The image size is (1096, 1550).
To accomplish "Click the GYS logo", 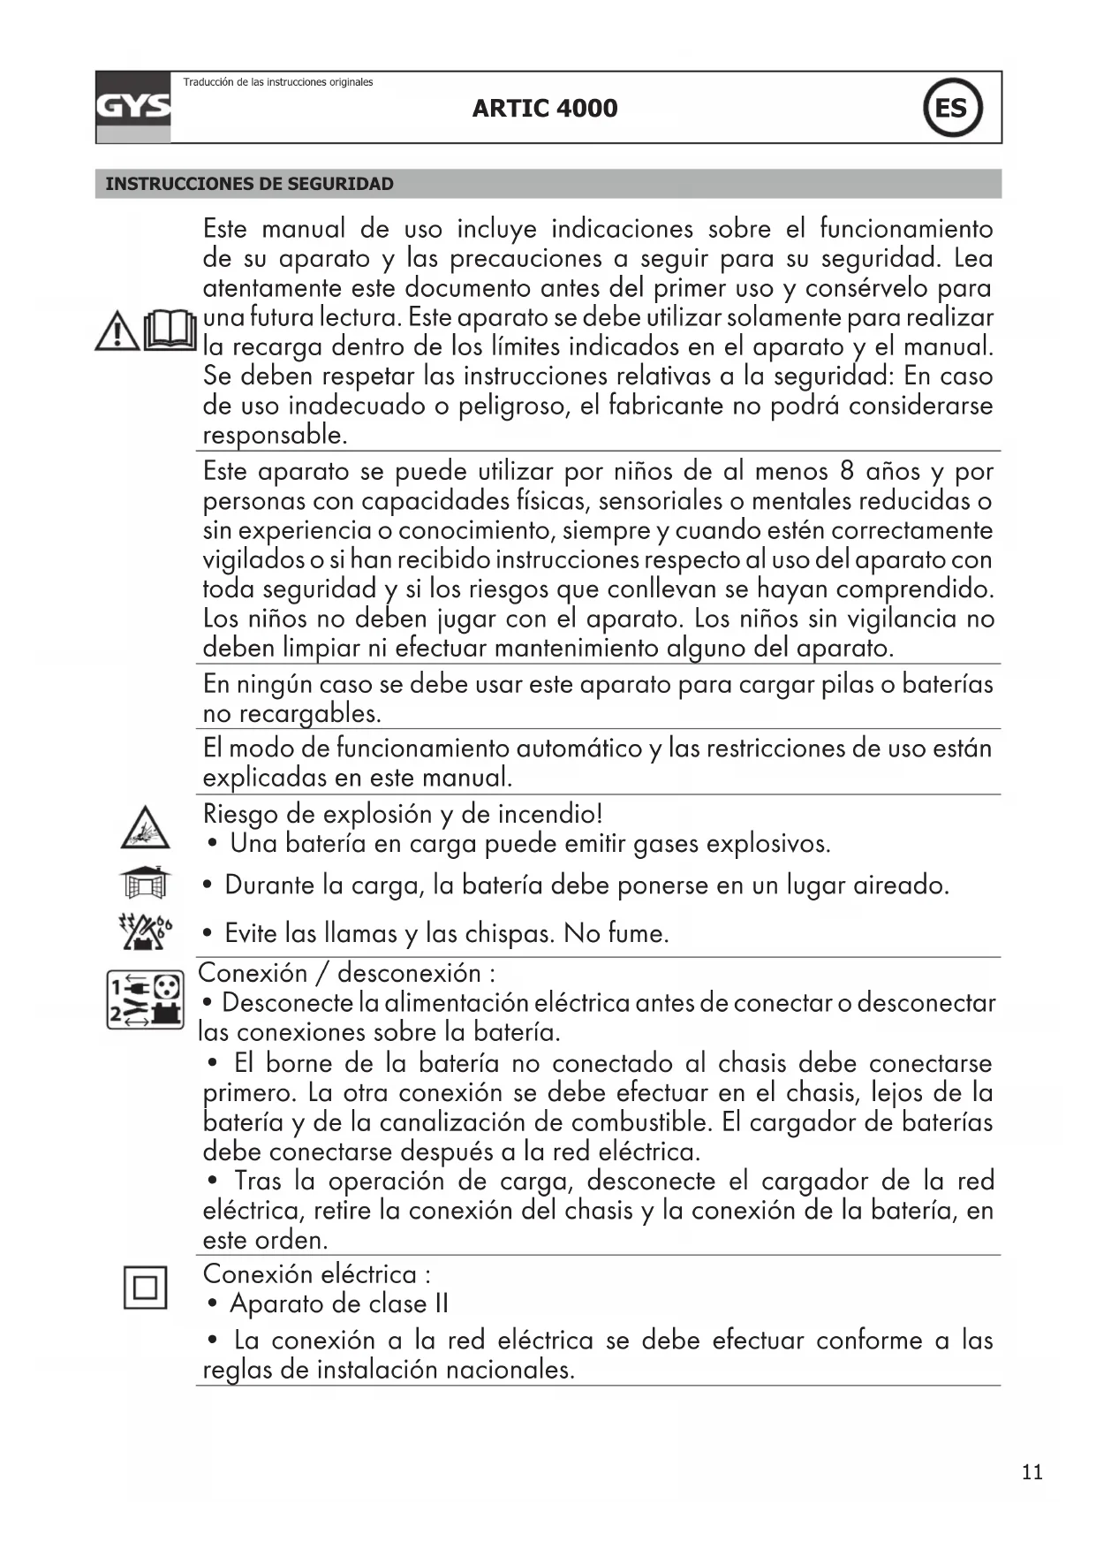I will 133,107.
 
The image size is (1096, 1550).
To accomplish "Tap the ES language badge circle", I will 952,108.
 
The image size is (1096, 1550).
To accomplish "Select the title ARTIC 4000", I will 545,109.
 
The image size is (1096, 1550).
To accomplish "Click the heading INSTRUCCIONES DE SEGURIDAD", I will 250,184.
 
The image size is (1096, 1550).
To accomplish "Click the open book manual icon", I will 170,331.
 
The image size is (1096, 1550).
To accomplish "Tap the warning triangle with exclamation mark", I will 117,332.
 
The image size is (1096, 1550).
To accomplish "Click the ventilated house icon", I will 145,881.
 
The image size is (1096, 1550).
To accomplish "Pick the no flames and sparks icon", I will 146,931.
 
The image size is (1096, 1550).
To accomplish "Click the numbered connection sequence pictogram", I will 146,999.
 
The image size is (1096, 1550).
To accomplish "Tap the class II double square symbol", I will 145,1287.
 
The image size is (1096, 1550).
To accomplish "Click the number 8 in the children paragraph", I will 847,471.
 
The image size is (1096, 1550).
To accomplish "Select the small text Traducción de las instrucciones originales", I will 278,82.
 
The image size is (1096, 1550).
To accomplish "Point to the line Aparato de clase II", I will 339,1303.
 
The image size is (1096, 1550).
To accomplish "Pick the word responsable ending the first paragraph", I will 275,435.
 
